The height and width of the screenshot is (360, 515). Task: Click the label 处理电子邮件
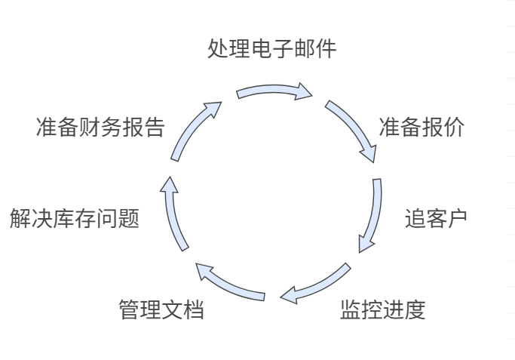coord(271,49)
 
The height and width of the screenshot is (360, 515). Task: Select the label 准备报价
coord(422,128)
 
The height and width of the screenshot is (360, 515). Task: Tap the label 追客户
coord(436,218)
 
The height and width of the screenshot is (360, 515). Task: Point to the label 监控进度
coord(382,309)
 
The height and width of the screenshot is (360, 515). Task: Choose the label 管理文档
coord(161,309)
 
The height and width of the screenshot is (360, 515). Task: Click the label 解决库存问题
coord(75,219)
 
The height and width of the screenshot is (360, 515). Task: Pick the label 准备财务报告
coord(100,128)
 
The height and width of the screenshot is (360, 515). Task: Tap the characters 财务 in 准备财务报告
coord(100,128)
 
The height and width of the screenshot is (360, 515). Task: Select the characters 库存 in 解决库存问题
coord(75,219)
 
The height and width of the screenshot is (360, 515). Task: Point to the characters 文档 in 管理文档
coord(183,309)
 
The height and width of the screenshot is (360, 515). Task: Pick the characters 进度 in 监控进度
coord(404,309)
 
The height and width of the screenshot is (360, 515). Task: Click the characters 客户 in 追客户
coord(446,218)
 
